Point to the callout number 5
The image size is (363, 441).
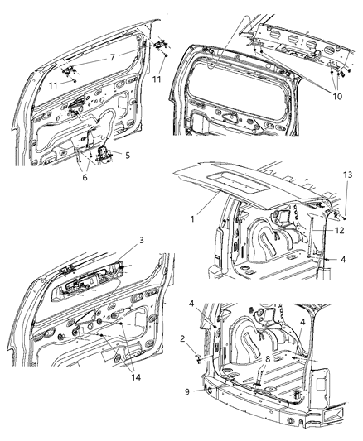(127, 153)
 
